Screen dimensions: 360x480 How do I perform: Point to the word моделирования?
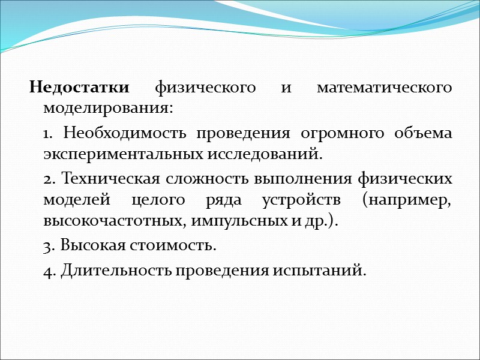pyautogui.click(x=107, y=109)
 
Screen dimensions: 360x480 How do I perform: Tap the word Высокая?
pyautogui.click(x=88, y=245)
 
